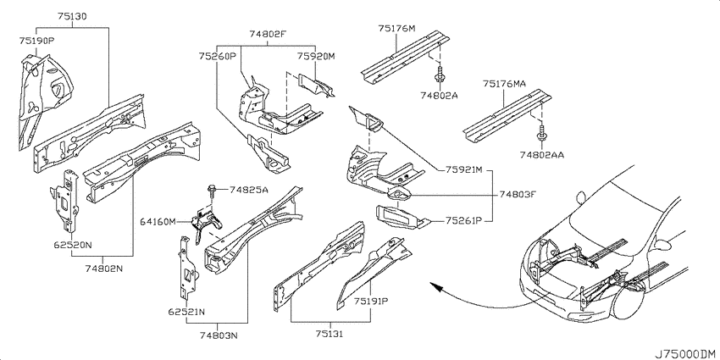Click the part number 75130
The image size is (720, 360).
[72, 17]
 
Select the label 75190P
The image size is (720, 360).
[36, 40]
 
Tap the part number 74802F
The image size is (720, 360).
[268, 34]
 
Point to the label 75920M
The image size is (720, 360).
[315, 56]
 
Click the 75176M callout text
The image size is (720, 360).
[396, 29]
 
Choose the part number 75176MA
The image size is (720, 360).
[504, 84]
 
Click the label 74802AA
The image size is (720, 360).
[542, 155]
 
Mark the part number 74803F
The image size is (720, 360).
[518, 194]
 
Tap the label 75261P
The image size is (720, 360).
[462, 220]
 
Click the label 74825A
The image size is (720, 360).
[248, 189]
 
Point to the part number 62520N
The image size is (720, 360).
[72, 245]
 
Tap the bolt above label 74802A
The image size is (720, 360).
[440, 75]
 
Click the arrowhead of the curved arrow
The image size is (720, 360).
[435, 286]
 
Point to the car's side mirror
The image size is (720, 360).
[581, 197]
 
